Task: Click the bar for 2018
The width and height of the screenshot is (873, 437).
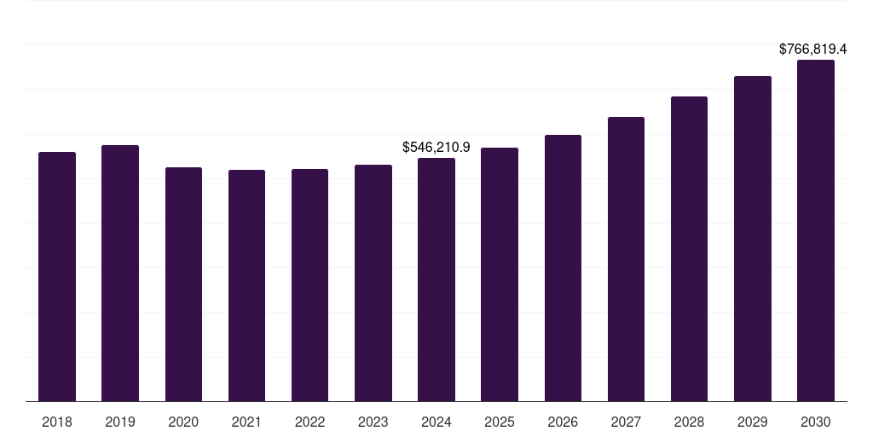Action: pyautogui.click(x=57, y=277)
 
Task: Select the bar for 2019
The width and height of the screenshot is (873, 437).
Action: pyautogui.click(x=120, y=273)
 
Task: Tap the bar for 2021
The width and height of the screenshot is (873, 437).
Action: pyautogui.click(x=246, y=286)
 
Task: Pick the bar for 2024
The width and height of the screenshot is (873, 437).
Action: pyautogui.click(x=436, y=280)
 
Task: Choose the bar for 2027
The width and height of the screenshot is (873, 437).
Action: pyautogui.click(x=626, y=259)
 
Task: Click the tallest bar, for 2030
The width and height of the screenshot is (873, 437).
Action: pyautogui.click(x=815, y=230)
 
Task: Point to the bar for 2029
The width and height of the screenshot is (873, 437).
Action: pyautogui.click(x=752, y=239)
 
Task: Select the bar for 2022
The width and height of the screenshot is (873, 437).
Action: pyautogui.click(x=309, y=285)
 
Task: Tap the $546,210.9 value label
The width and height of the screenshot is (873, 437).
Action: pyautogui.click(x=436, y=148)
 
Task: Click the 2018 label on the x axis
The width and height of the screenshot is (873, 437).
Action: pyautogui.click(x=57, y=422)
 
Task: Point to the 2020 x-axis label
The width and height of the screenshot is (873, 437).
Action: pyautogui.click(x=183, y=422)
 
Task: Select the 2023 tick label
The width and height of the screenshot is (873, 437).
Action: pyautogui.click(x=373, y=422)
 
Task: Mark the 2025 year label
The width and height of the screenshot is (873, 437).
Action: pyautogui.click(x=500, y=422)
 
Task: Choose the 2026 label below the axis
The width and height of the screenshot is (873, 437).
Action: pyautogui.click(x=563, y=422)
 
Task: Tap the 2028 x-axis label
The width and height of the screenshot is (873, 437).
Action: pyautogui.click(x=689, y=422)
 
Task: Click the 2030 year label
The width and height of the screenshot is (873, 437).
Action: pyautogui.click(x=815, y=422)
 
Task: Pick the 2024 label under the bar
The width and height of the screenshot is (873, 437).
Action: pyautogui.click(x=436, y=422)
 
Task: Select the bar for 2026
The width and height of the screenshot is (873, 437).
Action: pyautogui.click(x=563, y=268)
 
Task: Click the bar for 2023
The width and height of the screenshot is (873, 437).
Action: pyautogui.click(x=373, y=283)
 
